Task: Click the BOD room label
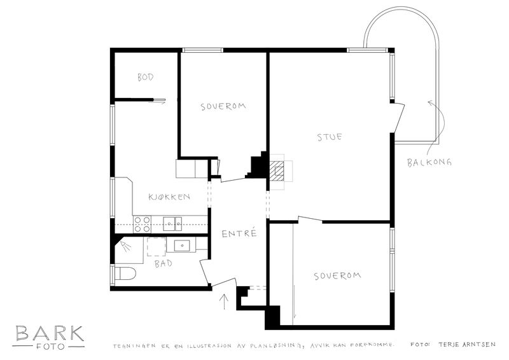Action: coord(145,77)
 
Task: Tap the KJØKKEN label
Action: coord(169,197)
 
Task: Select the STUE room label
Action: coord(330,137)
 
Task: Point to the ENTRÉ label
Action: coord(239,233)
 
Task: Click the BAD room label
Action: coord(164,263)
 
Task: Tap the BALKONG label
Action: coord(429,162)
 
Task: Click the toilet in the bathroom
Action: coord(126,273)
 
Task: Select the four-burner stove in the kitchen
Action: coord(142,225)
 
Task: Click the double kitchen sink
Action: coord(172,223)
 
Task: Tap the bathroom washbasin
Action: coord(182,246)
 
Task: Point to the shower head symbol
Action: coord(125,246)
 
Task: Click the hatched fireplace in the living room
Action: coord(276,170)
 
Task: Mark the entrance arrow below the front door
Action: coord(224,302)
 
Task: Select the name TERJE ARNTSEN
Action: coord(467,345)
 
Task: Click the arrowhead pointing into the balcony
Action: coord(430,103)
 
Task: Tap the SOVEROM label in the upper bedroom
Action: coord(223,106)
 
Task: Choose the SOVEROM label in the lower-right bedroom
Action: coord(337,276)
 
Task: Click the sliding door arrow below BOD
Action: coord(157,102)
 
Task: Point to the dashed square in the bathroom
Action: coord(157,247)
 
